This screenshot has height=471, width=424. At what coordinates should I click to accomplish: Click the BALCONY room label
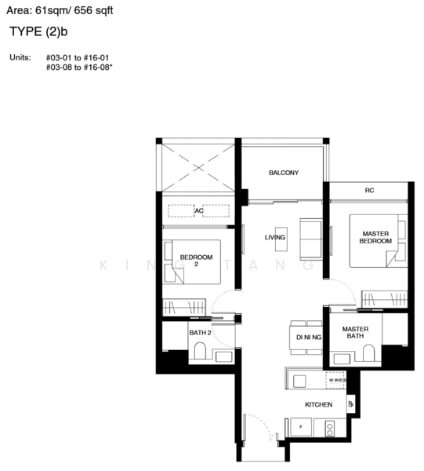pyautogui.click(x=283, y=173)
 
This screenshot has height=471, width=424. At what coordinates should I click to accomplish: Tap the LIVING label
pyautogui.click(x=275, y=237)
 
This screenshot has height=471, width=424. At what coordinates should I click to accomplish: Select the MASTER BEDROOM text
pyautogui.click(x=375, y=237)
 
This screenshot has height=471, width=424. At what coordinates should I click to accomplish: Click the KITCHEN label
pyautogui.click(x=319, y=405)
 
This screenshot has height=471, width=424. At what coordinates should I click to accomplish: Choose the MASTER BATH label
pyautogui.click(x=356, y=333)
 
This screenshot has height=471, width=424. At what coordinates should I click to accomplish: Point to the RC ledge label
pyautogui.click(x=368, y=191)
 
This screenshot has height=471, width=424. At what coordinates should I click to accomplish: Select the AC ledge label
pyautogui.click(x=199, y=210)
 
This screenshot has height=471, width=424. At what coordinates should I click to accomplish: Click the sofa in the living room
pyautogui.click(x=310, y=239)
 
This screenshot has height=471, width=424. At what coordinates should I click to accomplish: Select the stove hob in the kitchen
pyautogui.click(x=330, y=428)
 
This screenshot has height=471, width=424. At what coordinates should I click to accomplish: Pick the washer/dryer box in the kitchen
pyautogui.click(x=338, y=380)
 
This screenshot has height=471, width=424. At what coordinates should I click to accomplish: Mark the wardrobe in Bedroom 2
pyautogui.click(x=183, y=307)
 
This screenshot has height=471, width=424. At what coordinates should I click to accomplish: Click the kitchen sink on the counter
pyautogui.click(x=299, y=380)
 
